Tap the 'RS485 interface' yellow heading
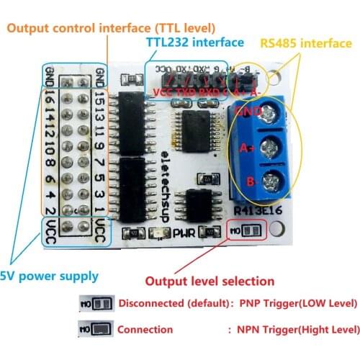[x=305, y=43]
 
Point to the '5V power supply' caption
[x=48, y=276]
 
